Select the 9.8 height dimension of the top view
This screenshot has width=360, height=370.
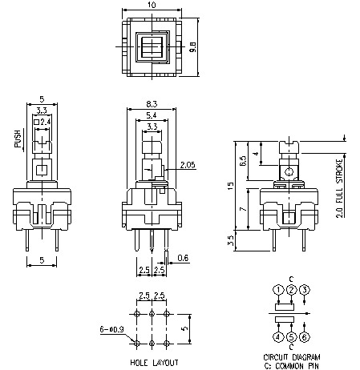click(193, 47)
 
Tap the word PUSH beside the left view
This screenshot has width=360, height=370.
click(18, 142)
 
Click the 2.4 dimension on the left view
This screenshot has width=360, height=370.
click(46, 122)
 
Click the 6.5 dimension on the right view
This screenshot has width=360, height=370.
click(241, 160)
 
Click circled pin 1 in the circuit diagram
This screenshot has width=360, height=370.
click(277, 289)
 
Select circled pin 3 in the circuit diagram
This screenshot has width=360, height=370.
click(305, 289)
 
